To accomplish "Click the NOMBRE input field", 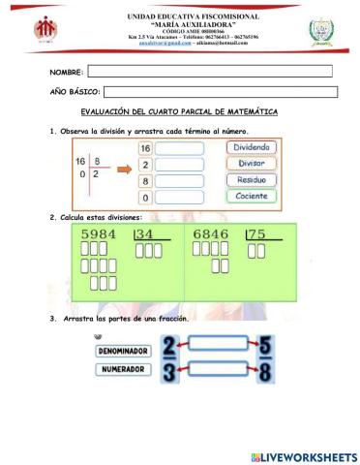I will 210,71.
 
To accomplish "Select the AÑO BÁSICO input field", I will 220,92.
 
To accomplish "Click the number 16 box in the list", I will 146,148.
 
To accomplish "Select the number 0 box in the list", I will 146,198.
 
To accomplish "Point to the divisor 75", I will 257,234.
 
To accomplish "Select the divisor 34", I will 145,234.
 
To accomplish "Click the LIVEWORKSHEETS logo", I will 303,455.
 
